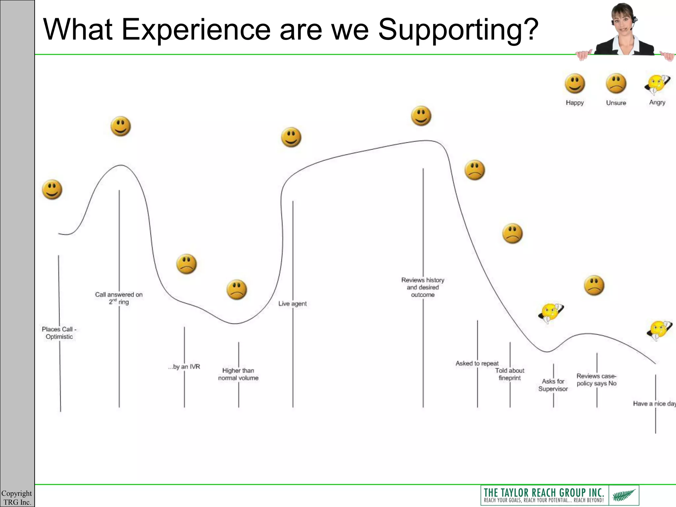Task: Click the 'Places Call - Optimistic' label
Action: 59,333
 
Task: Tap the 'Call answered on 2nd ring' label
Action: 119,298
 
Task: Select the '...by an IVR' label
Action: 184,367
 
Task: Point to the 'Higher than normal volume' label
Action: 238,374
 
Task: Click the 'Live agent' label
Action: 292,304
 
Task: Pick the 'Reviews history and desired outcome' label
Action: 423,287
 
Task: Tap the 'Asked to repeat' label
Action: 477,363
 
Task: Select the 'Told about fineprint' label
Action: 510,374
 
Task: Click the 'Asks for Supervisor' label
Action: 553,385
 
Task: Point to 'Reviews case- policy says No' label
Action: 596,380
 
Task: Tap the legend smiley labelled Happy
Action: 575,84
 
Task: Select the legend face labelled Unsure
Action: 616,84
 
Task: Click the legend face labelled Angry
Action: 657,84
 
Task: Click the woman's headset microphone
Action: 631,29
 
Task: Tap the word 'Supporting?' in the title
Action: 458,30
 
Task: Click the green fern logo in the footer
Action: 624,495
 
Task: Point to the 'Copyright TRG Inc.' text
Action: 17,497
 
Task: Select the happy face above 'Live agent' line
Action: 291,137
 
